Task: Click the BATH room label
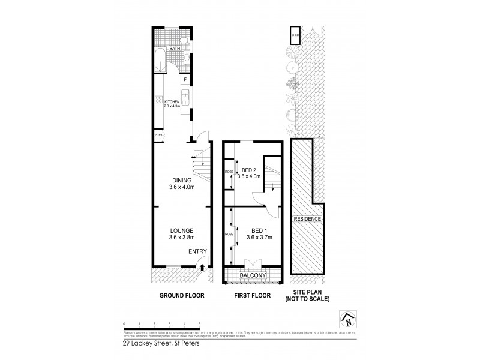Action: pyautogui.click(x=174, y=49)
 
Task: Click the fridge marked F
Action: pyautogui.click(x=185, y=80)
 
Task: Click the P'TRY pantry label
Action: pyautogui.click(x=159, y=135)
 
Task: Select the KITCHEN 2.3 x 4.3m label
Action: pyautogui.click(x=172, y=104)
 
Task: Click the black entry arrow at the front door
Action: pyautogui.click(x=202, y=268)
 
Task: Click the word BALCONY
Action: pyautogui.click(x=253, y=276)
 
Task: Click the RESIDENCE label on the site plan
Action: pyautogui.click(x=307, y=220)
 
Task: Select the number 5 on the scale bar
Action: pyautogui.click(x=200, y=323)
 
